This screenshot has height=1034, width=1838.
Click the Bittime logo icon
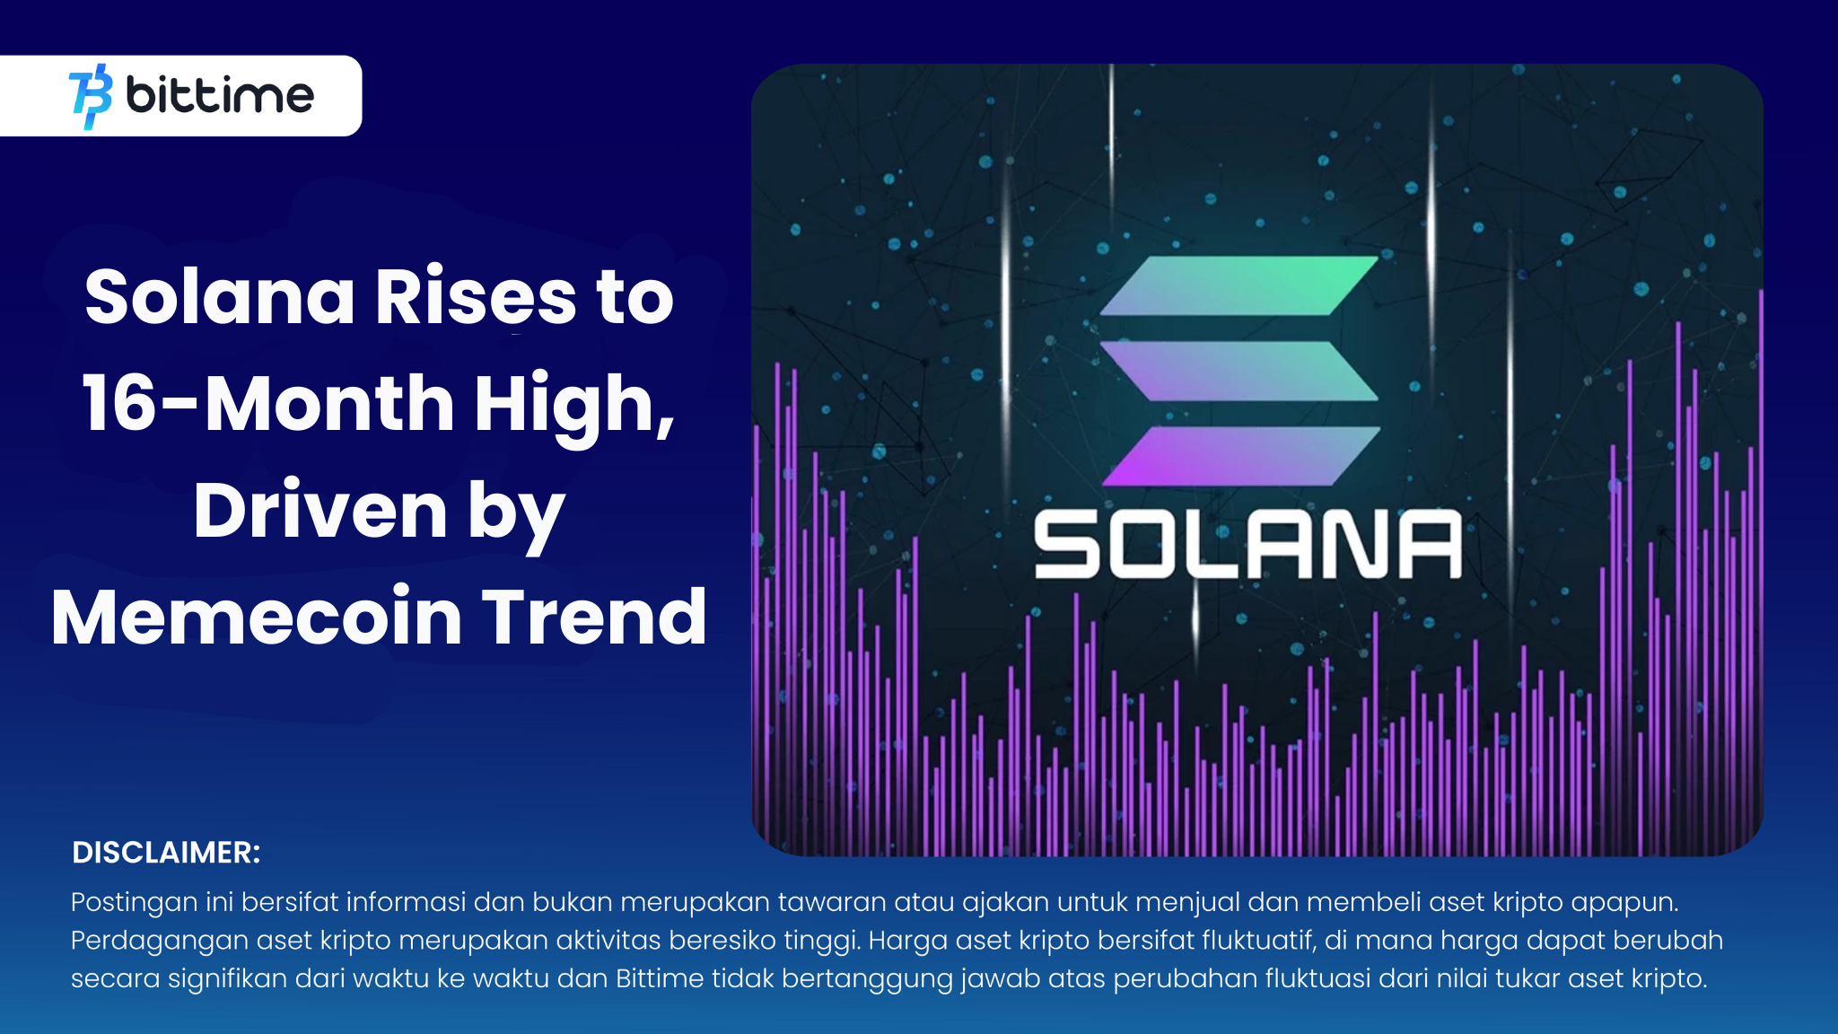(x=91, y=96)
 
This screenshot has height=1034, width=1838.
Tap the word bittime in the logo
(x=220, y=95)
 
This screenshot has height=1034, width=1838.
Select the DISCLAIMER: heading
(x=166, y=852)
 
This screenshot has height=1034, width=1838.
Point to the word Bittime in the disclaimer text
(x=660, y=977)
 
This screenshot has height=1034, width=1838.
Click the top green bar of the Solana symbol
(x=1238, y=285)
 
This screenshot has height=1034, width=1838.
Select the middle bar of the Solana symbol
(x=1238, y=371)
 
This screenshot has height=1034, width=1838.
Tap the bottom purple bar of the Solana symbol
(x=1240, y=456)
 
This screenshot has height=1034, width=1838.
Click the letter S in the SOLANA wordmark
(x=1066, y=545)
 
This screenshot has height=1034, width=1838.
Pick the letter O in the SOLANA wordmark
(x=1141, y=545)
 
